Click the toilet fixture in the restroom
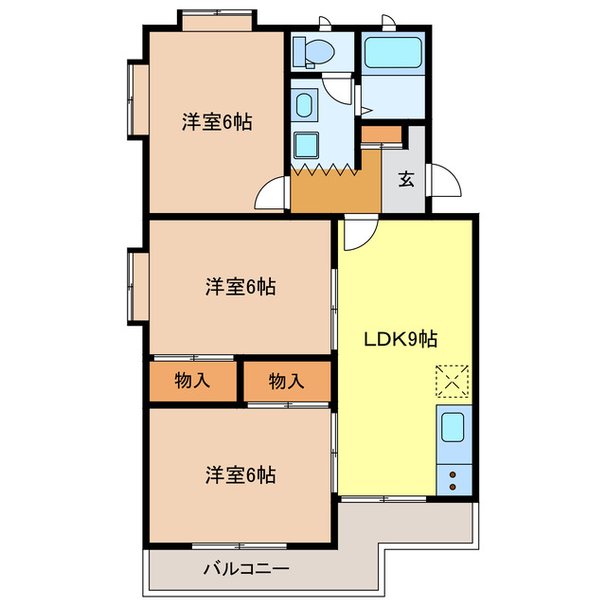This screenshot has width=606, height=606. (312, 50)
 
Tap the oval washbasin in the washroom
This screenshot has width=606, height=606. (305, 105)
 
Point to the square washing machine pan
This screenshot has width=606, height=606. (306, 145)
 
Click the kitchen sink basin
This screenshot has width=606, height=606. (453, 429)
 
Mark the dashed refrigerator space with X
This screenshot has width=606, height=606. (452, 381)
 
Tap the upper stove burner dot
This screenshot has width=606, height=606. (453, 473)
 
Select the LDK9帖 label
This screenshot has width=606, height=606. (401, 338)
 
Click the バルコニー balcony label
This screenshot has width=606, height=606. (245, 569)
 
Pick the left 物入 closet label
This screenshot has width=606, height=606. (192, 382)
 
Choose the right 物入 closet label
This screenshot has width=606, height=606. (286, 382)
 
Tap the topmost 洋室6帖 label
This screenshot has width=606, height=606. (217, 122)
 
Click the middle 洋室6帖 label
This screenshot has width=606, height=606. (241, 287)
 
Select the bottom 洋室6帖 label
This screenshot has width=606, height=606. (241, 475)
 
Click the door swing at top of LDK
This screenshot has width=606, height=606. (358, 234)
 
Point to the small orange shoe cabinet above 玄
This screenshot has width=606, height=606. (382, 133)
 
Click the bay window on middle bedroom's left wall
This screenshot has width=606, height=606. (136, 286)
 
